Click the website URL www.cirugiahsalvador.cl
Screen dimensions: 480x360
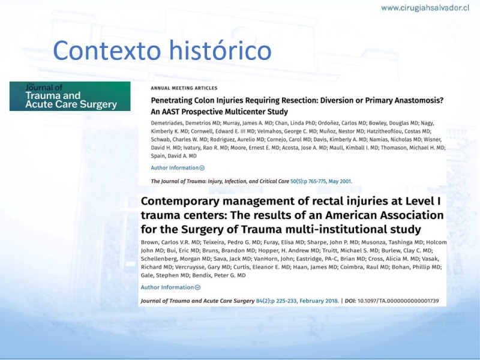(x=425, y=8)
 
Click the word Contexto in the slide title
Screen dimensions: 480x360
(x=107, y=50)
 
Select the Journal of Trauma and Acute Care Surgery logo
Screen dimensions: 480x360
(x=70, y=96)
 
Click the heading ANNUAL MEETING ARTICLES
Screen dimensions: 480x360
(x=184, y=88)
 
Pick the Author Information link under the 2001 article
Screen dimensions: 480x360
(x=178, y=168)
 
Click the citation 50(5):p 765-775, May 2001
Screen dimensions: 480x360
(x=321, y=181)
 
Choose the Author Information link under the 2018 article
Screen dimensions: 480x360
(x=170, y=287)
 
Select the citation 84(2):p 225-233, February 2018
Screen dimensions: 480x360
(x=297, y=301)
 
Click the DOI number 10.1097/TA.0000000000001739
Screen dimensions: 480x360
(x=398, y=301)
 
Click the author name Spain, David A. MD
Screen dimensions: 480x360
(x=173, y=156)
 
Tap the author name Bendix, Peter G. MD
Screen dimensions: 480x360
(x=219, y=275)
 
